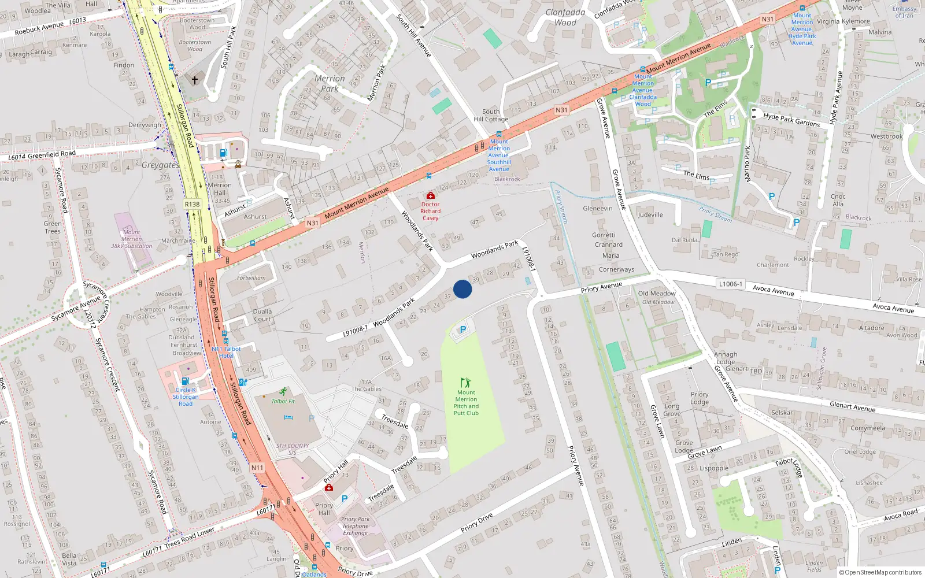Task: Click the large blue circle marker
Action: (x=462, y=289)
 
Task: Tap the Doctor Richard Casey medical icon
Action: (x=430, y=196)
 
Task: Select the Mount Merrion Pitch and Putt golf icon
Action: (x=465, y=383)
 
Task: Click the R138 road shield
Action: (x=192, y=204)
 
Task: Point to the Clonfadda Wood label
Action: (x=565, y=17)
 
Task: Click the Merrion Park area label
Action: (x=330, y=83)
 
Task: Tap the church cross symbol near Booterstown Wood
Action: (x=195, y=80)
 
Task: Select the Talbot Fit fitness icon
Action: (x=283, y=392)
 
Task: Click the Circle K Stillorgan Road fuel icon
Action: (x=185, y=381)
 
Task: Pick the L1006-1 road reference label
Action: (x=731, y=284)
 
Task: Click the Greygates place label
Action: (x=160, y=165)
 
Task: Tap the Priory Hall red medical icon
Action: (x=328, y=487)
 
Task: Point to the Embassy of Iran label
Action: (x=904, y=12)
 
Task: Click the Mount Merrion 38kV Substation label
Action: (x=131, y=239)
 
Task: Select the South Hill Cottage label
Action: (x=491, y=116)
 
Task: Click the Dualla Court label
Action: (x=262, y=315)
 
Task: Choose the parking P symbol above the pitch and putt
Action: (x=462, y=329)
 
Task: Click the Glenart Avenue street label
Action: (x=852, y=406)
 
